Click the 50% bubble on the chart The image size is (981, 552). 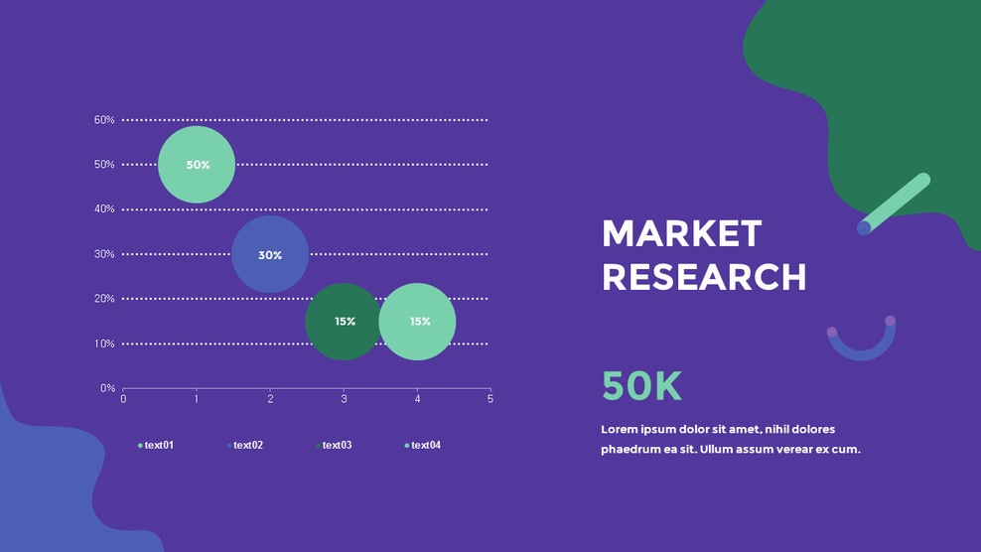(197, 165)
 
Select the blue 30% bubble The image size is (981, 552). (270, 255)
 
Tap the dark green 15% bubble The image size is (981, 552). (344, 322)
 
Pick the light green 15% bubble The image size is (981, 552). (418, 322)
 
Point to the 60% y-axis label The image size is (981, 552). (104, 120)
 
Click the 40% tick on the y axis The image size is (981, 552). (104, 209)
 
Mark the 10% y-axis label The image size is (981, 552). (104, 344)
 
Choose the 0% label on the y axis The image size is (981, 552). (107, 388)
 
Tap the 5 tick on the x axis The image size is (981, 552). (490, 399)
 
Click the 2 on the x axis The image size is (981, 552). (270, 399)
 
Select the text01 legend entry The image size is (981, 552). (158, 446)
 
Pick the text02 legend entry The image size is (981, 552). (247, 446)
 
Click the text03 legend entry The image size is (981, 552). (336, 446)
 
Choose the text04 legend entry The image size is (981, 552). (425, 446)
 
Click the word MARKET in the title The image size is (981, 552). (681, 234)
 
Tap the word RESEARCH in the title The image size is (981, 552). (704, 277)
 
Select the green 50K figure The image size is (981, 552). (641, 385)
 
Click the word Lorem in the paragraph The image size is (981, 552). (621, 430)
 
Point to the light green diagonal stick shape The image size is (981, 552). (895, 204)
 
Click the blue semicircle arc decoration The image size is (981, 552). (862, 347)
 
